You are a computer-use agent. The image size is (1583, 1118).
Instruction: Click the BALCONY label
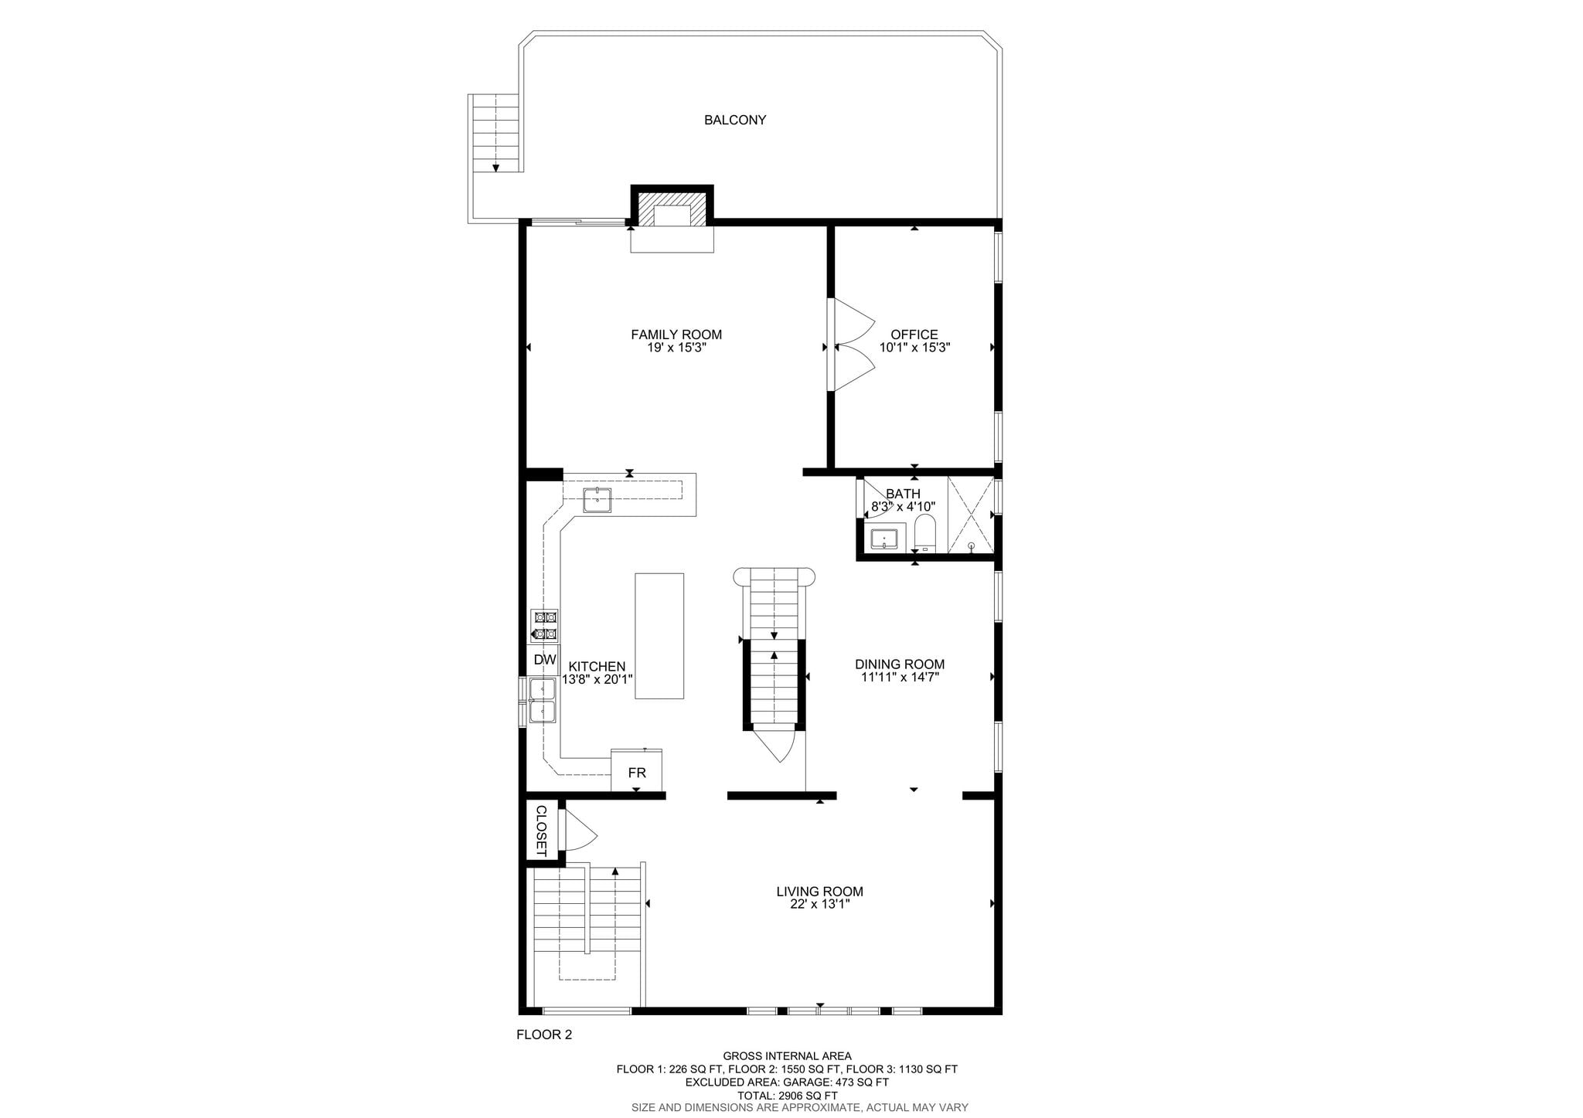point(734,121)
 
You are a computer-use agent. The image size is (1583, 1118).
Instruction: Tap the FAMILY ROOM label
point(676,335)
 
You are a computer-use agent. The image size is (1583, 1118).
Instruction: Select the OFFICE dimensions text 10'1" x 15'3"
point(914,348)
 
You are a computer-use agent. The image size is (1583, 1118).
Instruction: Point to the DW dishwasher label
point(545,660)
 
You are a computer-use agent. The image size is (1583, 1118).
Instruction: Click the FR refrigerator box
point(637,770)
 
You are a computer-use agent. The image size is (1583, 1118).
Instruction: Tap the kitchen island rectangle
point(659,636)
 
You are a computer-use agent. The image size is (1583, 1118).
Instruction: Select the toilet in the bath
point(924,532)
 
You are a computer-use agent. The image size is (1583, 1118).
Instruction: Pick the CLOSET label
point(541,831)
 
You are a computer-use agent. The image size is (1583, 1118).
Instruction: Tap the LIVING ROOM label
point(819,892)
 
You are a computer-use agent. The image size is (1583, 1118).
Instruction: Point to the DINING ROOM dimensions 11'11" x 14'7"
point(900,678)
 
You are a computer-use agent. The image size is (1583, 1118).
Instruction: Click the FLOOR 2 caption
point(544,1035)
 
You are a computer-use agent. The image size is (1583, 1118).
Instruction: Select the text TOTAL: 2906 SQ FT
point(787,1096)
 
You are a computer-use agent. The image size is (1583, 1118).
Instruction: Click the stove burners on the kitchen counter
point(544,626)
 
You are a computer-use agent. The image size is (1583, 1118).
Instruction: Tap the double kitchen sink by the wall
point(542,700)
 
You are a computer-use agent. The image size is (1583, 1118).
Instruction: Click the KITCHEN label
point(597,667)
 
